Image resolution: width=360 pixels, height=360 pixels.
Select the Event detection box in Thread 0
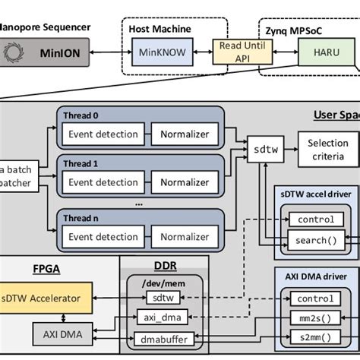pyautogui.click(x=103, y=134)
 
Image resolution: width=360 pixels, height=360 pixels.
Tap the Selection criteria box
pyautogui.click(x=327, y=149)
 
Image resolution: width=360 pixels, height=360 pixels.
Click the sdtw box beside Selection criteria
pyautogui.click(x=258, y=149)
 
